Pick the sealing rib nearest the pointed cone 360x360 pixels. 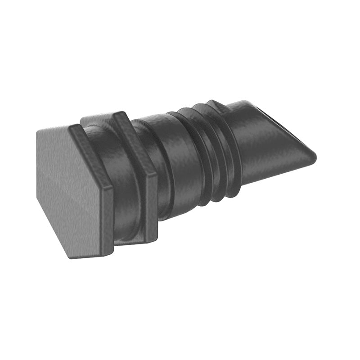(227, 148)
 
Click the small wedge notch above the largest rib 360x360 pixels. (215, 104)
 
